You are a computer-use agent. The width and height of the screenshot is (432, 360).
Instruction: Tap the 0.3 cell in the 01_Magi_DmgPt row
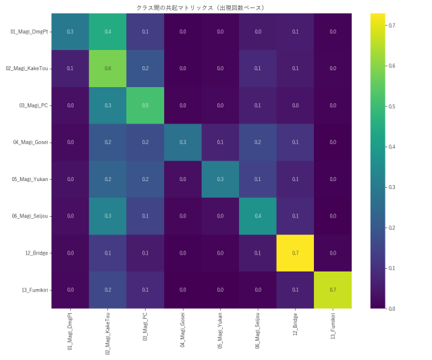[x=71, y=32]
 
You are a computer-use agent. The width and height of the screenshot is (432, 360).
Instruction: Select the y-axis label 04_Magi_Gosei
[x=30, y=142]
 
